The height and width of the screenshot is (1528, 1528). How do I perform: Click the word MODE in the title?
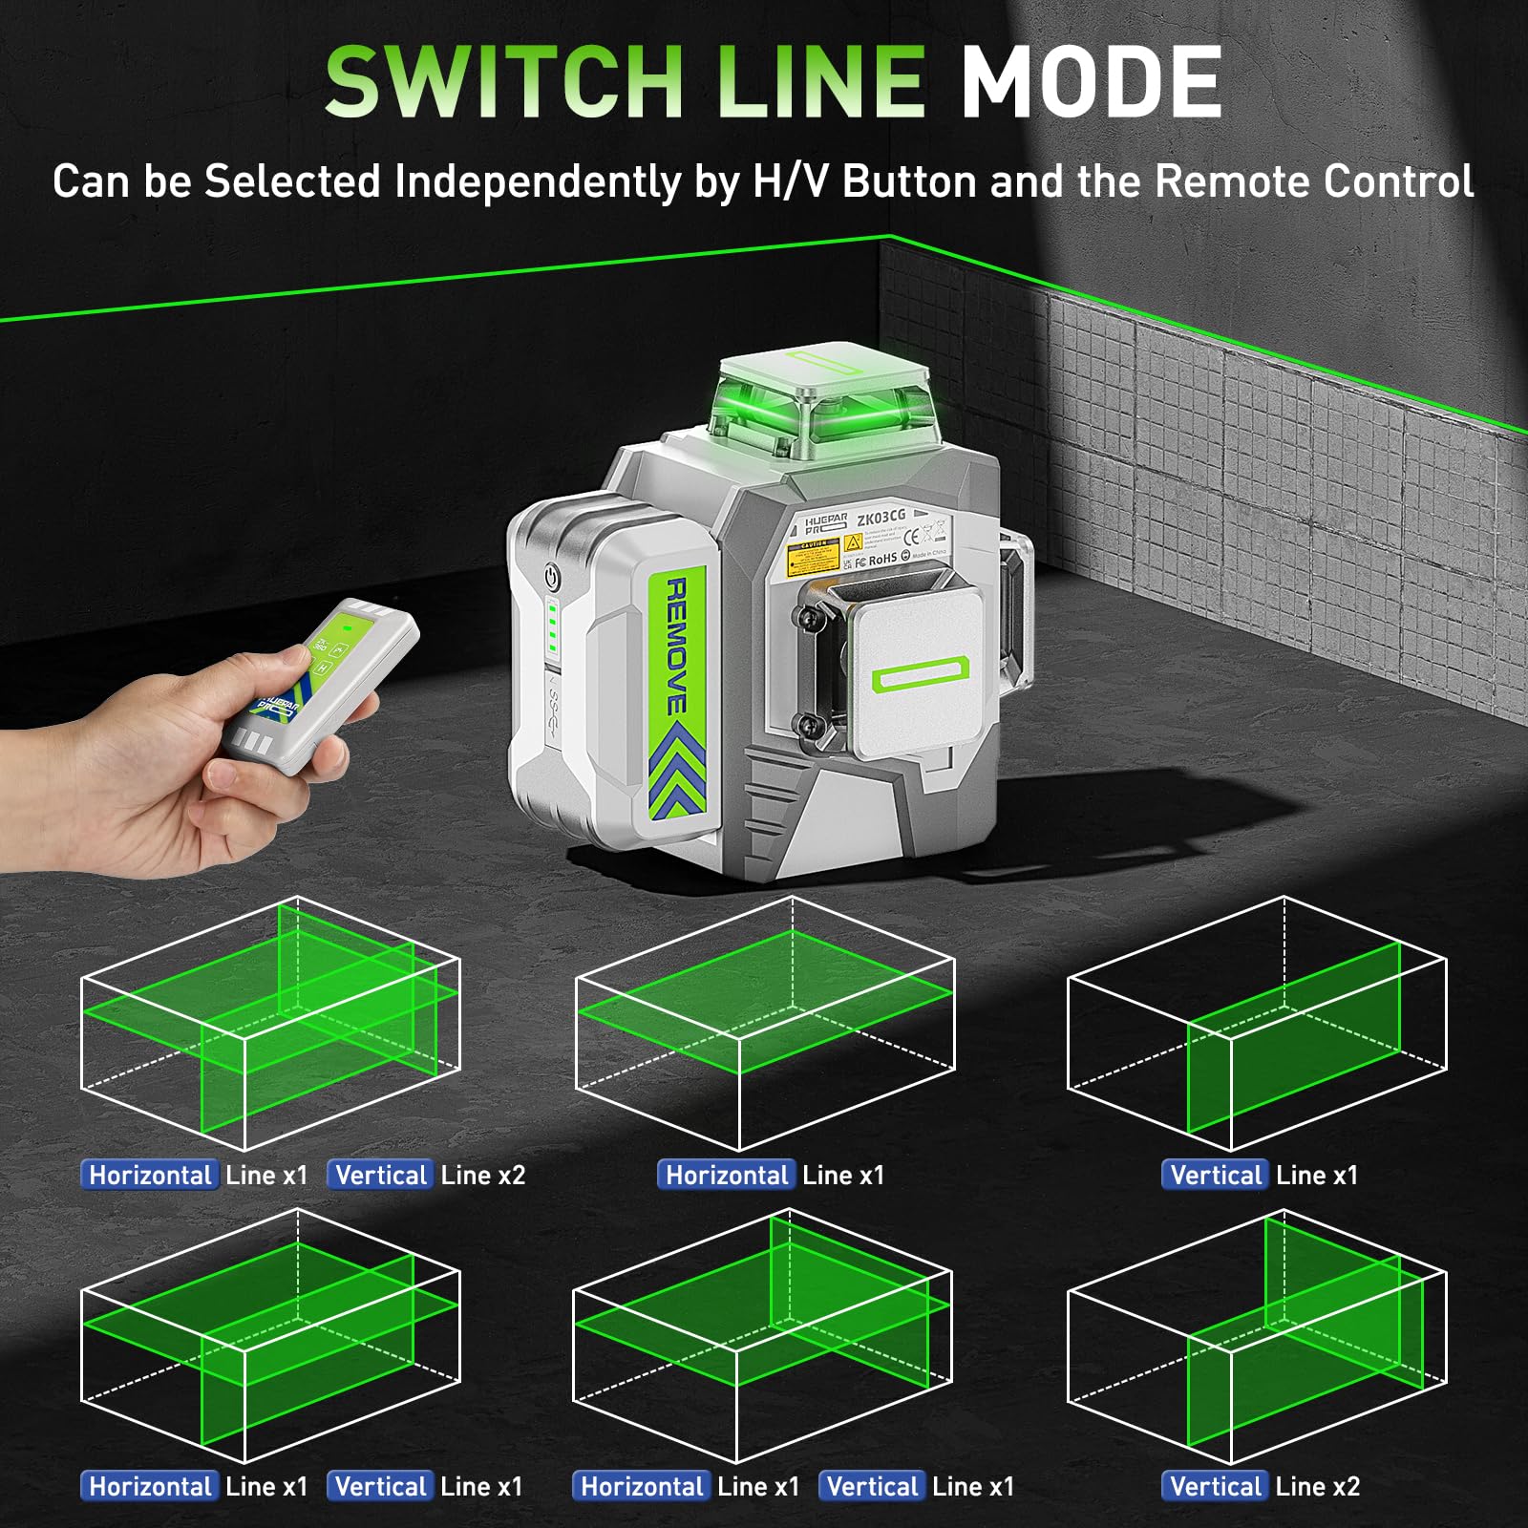pos(1091,82)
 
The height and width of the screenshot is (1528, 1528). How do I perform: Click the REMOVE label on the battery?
pos(676,646)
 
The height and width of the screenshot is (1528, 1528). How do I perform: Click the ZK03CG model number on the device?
pos(881,518)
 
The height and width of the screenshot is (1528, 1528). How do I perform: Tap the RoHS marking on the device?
pos(882,559)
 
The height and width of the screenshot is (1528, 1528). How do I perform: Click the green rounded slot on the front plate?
pos(920,676)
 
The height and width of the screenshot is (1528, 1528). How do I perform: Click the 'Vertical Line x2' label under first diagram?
pos(427,1175)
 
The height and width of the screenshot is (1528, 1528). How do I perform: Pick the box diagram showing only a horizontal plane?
pos(764,1022)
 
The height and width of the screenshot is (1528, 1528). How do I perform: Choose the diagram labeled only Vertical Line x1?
pos(1257,1022)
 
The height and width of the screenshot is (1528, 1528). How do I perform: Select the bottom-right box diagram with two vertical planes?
pos(1257,1337)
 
